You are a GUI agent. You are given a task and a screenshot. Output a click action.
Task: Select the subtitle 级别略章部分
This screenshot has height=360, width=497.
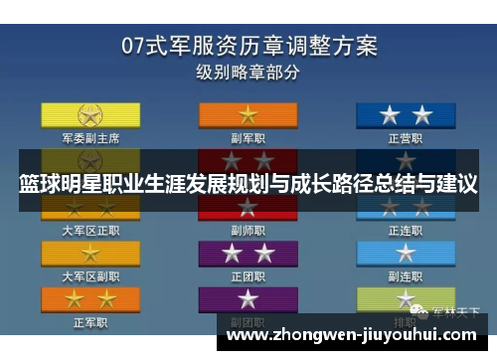[248, 72]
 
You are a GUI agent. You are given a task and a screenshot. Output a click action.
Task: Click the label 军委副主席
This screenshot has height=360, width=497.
[90, 138]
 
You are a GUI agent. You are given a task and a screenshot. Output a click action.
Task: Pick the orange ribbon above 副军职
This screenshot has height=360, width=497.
[248, 114]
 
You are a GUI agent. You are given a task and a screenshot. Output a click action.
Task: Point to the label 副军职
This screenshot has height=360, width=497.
[248, 138]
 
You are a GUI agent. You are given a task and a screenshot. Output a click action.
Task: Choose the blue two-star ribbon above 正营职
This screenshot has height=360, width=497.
[407, 114]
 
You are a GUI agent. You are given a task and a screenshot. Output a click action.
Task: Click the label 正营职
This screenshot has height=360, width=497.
[407, 138]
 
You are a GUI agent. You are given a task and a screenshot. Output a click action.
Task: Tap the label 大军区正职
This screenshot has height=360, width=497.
[90, 230]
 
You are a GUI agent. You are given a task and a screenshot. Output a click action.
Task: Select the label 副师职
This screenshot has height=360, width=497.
[248, 230]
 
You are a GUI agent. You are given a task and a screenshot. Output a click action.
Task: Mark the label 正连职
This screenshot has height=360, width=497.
[407, 230]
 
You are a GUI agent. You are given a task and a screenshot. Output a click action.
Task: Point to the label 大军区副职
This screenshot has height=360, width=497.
[90, 275]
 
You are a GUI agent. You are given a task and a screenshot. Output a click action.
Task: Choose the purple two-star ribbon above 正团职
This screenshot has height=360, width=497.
[248, 254]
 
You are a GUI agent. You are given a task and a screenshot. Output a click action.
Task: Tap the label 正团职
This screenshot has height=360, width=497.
[248, 275]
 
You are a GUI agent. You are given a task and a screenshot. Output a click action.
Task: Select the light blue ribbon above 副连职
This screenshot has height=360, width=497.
[407, 254]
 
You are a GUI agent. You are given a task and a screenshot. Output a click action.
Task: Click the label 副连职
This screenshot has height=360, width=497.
[407, 275]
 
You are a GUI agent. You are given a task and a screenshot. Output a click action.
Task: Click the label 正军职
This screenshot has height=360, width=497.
[90, 322]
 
